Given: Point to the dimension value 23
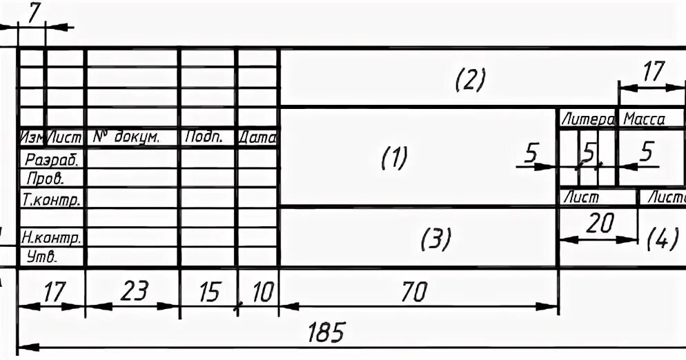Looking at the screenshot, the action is click(x=134, y=292).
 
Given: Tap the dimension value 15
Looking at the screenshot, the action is click(x=208, y=292).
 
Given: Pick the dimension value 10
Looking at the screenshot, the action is click(x=261, y=292).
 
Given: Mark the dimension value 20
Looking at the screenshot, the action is click(x=598, y=224).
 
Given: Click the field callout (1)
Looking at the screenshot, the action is click(x=395, y=158).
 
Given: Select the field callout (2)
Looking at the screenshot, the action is click(x=471, y=80).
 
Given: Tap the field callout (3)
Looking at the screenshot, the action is click(x=436, y=239).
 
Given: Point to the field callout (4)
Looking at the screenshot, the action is click(x=663, y=239).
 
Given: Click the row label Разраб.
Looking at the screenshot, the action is click(x=52, y=159).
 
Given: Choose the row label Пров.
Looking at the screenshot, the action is click(x=45, y=179).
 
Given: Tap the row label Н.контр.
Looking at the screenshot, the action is click(x=52, y=239).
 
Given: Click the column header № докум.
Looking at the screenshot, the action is click(x=126, y=138).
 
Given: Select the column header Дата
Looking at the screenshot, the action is click(x=257, y=138).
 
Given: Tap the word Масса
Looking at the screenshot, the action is click(x=644, y=119).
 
